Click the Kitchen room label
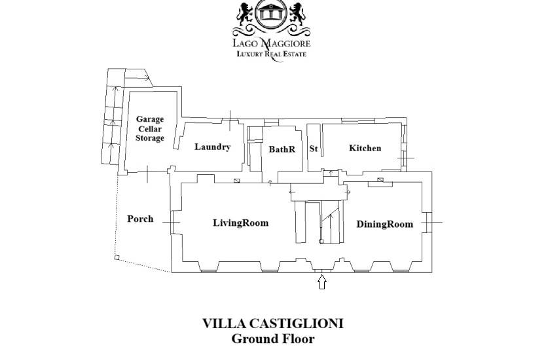coord(365,148)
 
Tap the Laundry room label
coord(213,147)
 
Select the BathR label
coord(282,149)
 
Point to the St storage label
coord(314,149)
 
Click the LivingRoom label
coord(241,223)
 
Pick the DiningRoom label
coord(384,224)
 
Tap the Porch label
coord(140,219)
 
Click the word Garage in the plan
coord(150,120)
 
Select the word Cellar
coord(150,129)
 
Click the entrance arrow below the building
coord(322,281)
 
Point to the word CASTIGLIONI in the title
coord(297,323)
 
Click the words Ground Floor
coord(273,338)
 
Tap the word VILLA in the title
coord(224,323)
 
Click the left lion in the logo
coord(246,13)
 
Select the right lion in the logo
coord(298,13)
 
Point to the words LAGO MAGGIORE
coord(272,43)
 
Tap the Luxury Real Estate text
coord(272,54)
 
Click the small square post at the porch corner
coord(117,258)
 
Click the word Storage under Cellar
coord(150,138)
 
